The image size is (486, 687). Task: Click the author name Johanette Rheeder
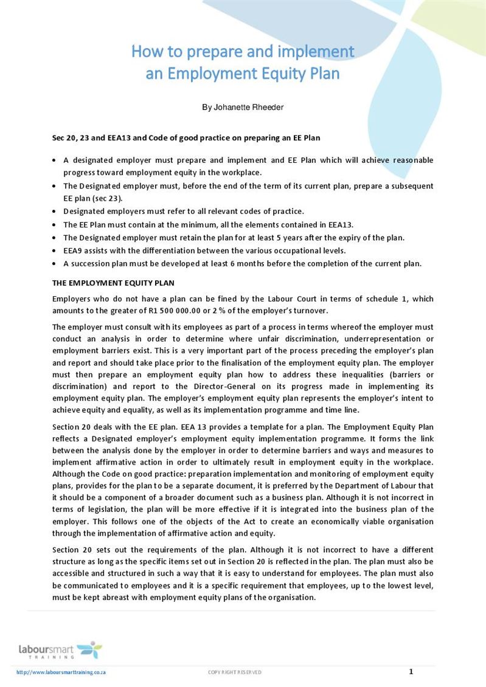pos(243,108)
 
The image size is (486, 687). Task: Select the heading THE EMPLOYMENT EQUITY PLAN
pos(114,283)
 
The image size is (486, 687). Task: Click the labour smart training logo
pos(60,650)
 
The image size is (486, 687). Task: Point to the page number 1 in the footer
pos(411,671)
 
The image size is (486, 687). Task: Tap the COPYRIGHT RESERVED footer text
pos(235,672)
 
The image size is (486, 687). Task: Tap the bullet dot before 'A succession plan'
pos(55,264)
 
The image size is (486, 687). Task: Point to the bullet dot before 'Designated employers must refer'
pos(55,212)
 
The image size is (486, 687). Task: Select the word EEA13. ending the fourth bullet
pos(340,224)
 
